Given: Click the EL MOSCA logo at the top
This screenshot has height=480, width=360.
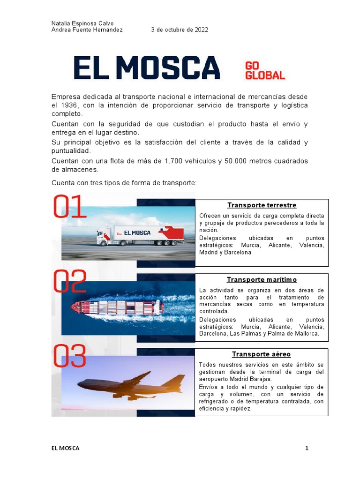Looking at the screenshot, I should (x=147, y=67).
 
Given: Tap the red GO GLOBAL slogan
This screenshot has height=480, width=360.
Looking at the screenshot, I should (x=265, y=70).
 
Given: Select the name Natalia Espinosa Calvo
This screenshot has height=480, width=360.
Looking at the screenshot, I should (x=82, y=23).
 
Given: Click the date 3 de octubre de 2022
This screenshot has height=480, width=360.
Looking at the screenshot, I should (x=180, y=30).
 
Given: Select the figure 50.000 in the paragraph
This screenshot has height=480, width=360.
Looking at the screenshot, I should (x=226, y=161).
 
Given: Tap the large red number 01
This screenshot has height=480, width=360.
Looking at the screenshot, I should (x=70, y=207).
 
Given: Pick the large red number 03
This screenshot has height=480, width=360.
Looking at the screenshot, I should (x=70, y=356).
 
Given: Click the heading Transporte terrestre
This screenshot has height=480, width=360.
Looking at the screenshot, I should (x=262, y=205).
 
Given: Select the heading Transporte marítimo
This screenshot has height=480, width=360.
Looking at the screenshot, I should (x=262, y=280).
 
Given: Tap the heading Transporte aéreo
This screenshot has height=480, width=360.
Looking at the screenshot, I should (x=262, y=354).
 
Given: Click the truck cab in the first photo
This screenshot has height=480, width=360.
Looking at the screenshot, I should (x=104, y=237).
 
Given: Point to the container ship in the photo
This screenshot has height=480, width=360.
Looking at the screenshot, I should (x=117, y=307).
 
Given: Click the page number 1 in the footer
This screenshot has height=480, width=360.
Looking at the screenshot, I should (x=307, y=449).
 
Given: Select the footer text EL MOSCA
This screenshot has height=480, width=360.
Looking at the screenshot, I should (x=66, y=449).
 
